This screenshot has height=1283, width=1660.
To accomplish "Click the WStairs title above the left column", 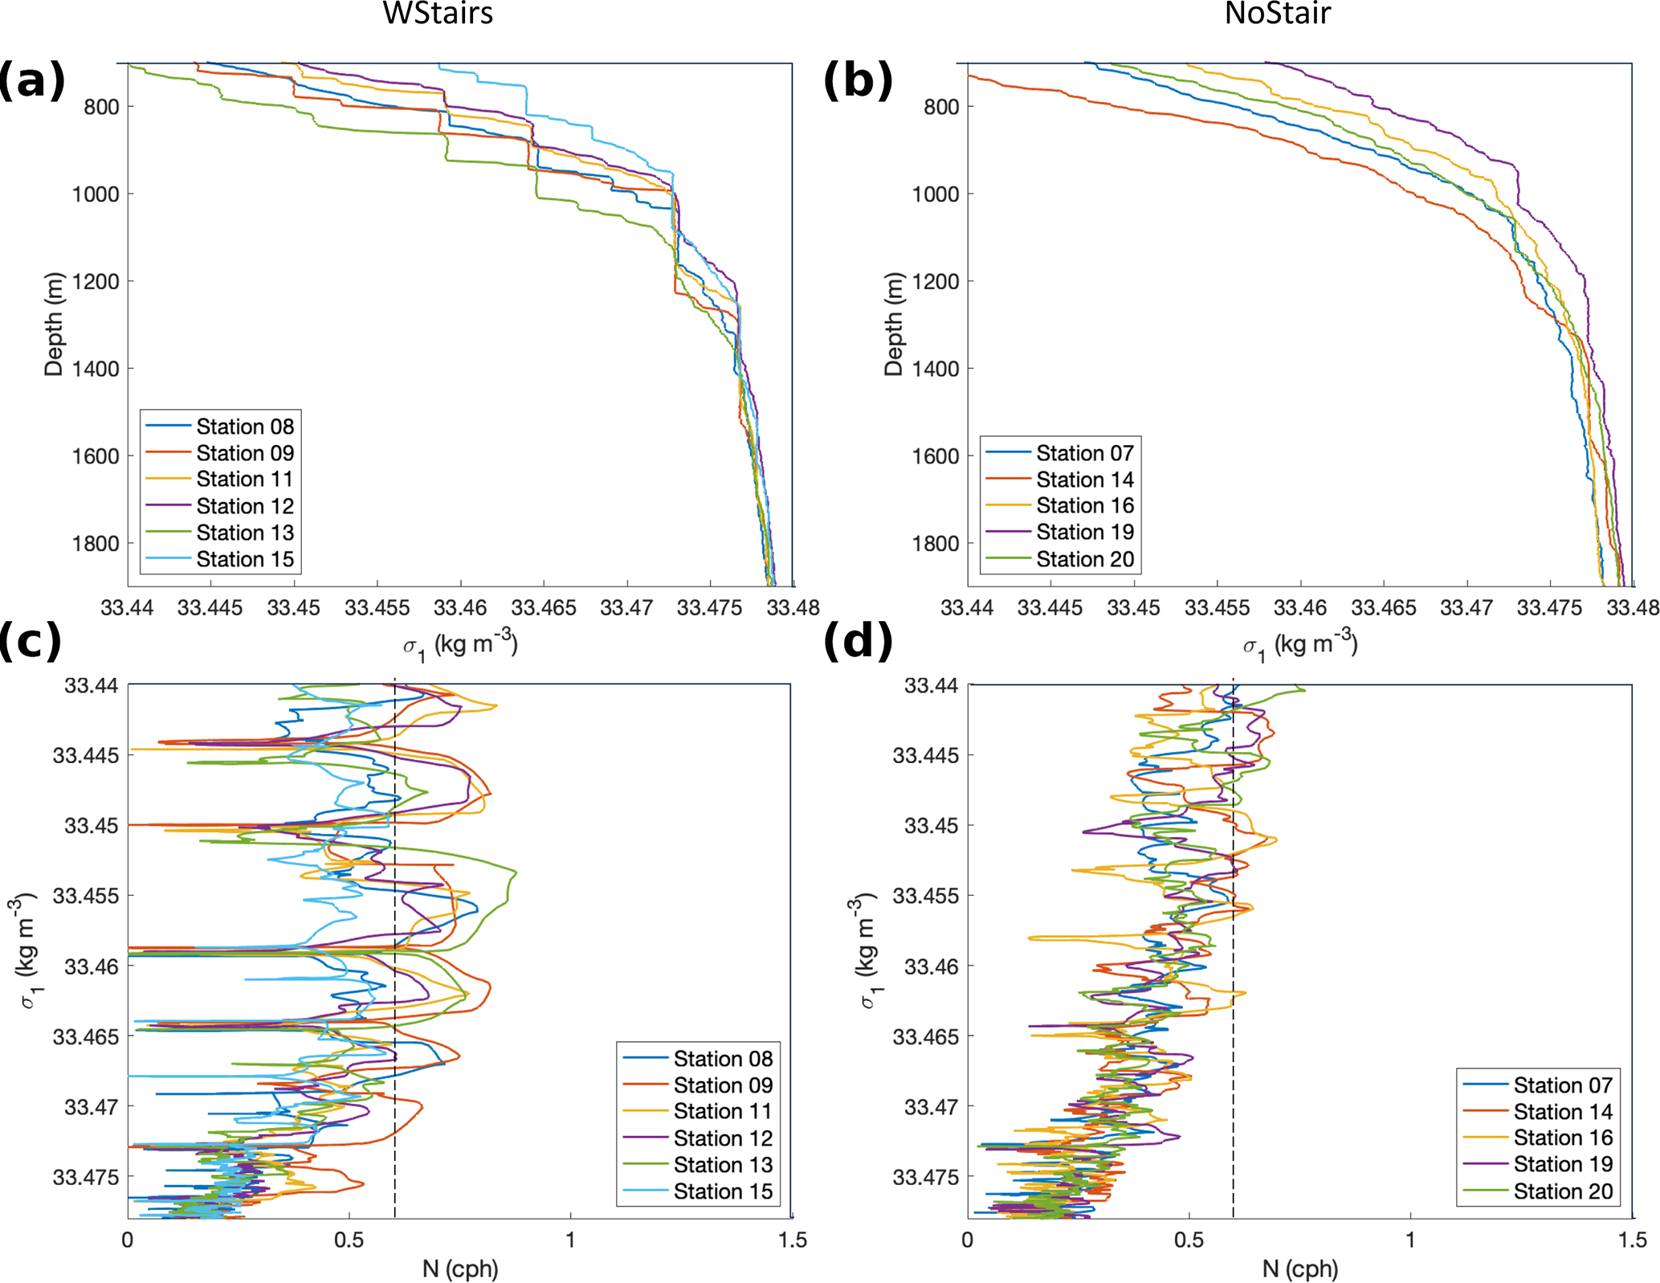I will click(x=438, y=14).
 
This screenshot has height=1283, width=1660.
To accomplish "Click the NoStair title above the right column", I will click(x=1277, y=14).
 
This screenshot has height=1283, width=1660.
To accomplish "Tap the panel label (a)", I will click(x=31, y=80).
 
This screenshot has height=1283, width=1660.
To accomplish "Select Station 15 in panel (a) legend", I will click(x=245, y=559).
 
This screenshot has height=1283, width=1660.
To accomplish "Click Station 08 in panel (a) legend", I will click(x=245, y=426).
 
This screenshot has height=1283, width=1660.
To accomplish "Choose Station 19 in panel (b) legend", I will click(x=1085, y=532).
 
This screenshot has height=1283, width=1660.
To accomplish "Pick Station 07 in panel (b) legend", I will click(x=1085, y=453).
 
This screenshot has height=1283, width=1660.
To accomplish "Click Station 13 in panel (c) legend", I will click(x=723, y=1165).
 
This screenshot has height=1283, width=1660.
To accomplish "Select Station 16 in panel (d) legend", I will click(x=1563, y=1138).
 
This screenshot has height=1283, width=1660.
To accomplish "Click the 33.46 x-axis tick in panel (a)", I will click(x=460, y=608).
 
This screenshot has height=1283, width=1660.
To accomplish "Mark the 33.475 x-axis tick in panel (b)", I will click(x=1549, y=608).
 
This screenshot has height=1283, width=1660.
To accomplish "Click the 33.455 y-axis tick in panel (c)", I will click(x=86, y=896).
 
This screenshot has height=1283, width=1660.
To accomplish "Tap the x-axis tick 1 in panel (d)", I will click(x=1411, y=1240).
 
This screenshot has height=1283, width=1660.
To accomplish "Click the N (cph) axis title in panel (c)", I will click(x=460, y=1269).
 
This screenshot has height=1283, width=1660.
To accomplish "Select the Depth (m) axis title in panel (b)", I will click(x=893, y=325).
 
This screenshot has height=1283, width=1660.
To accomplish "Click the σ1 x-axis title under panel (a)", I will click(x=460, y=644).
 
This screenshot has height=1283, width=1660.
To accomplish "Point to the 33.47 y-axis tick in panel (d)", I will click(x=932, y=1106).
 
